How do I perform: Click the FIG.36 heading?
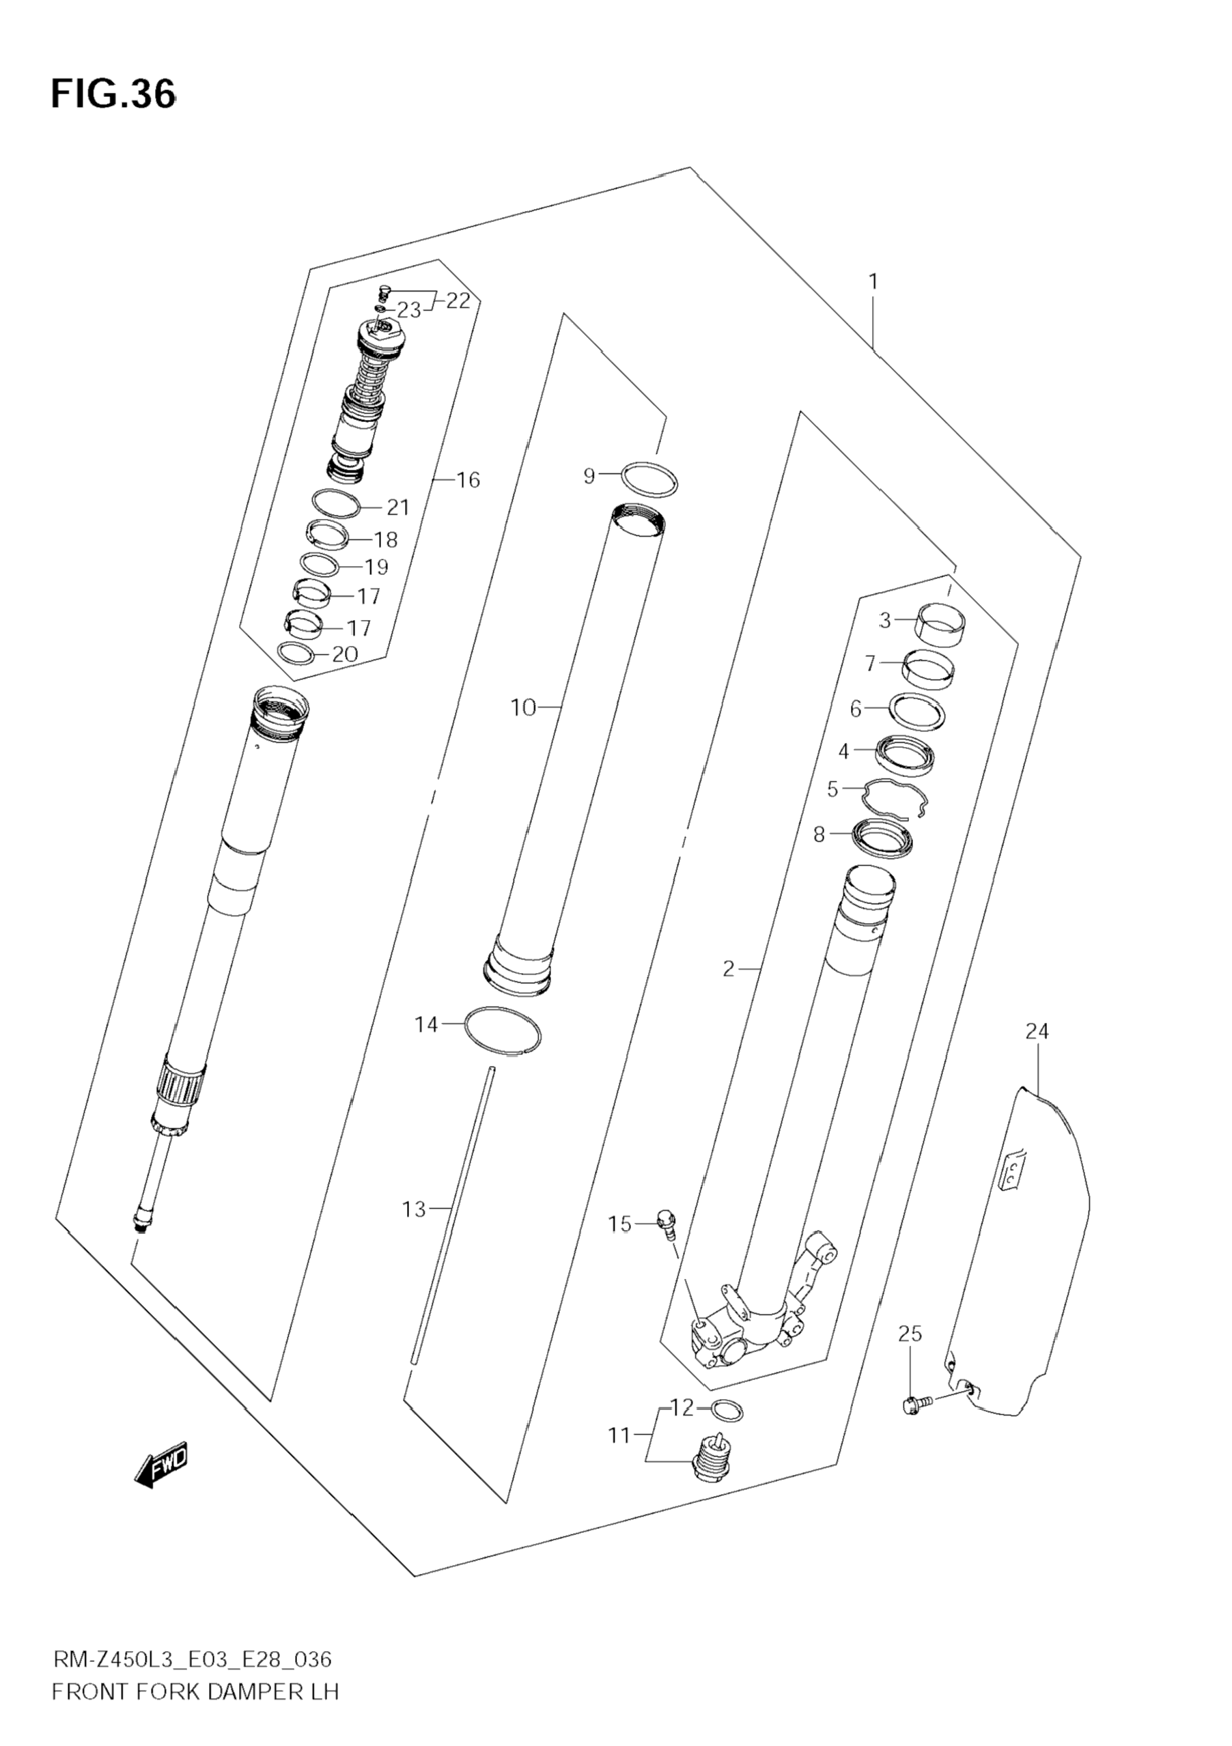113,94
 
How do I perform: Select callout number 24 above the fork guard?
1037,1031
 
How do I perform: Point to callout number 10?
523,708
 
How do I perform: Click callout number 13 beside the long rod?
415,1209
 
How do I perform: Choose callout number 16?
468,480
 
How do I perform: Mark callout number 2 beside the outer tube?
729,969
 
